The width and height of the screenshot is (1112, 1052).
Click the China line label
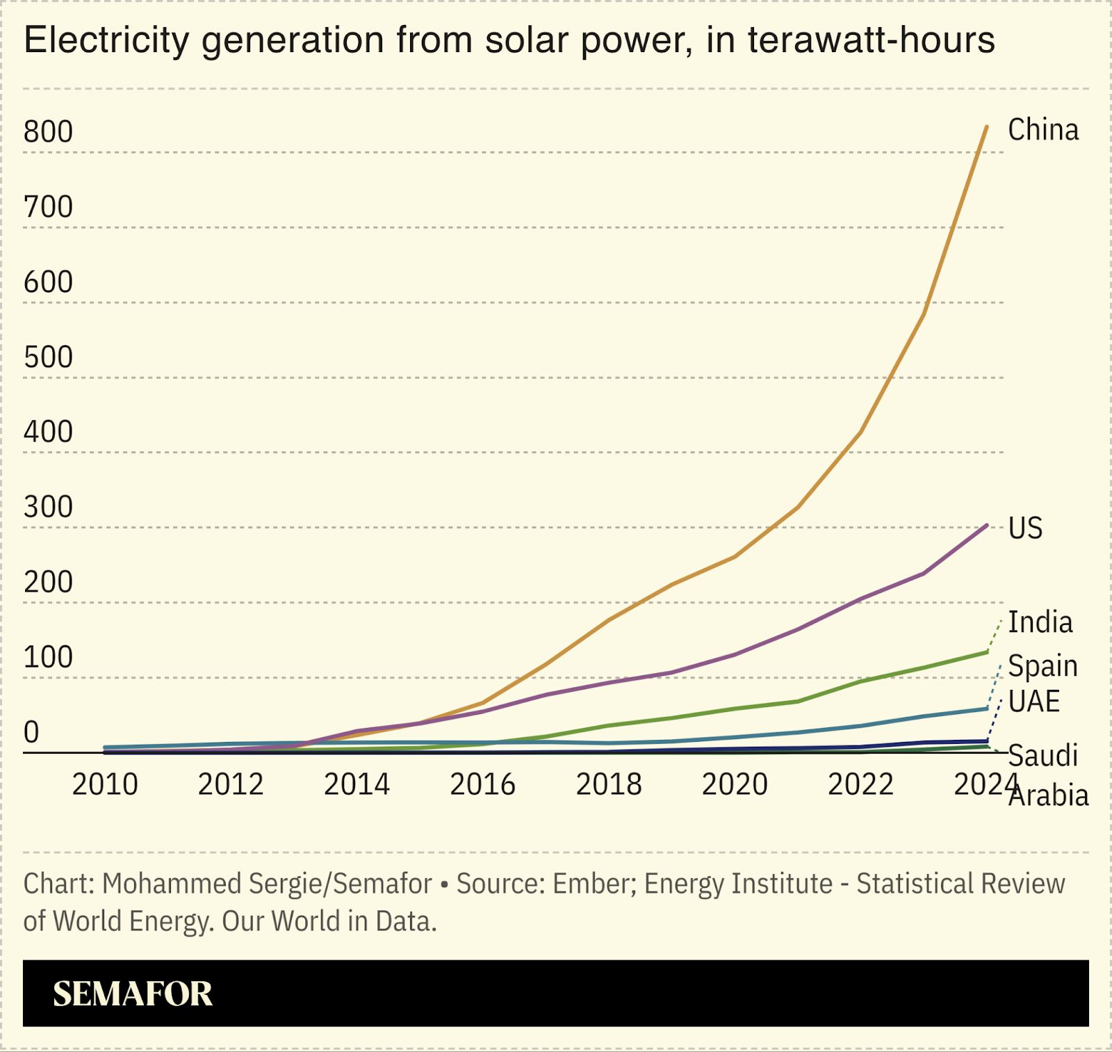click(1042, 130)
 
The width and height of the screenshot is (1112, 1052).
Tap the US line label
click(1025, 528)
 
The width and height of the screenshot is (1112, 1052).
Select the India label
click(1040, 622)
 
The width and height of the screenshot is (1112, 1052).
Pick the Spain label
click(1042, 666)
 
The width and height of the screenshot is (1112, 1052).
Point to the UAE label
click(1033, 702)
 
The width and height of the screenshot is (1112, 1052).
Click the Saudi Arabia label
click(1047, 775)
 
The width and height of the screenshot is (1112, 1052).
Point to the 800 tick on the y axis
click(48, 132)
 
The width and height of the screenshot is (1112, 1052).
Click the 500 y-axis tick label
click(48, 357)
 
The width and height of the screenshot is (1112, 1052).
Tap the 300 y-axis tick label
click(48, 508)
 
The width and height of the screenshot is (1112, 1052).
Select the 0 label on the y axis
click(31, 732)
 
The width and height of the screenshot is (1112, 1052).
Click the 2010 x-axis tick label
click(105, 784)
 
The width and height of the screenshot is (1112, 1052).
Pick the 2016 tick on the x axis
click(482, 784)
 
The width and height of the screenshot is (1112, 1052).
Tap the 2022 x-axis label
click(860, 784)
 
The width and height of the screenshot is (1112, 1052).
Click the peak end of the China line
click(986, 127)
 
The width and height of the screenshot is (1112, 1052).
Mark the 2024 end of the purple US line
click(986, 526)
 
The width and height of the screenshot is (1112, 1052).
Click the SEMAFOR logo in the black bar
click(132, 994)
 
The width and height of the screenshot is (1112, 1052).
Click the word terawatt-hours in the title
click(872, 40)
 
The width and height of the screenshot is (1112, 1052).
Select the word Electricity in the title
click(106, 40)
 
